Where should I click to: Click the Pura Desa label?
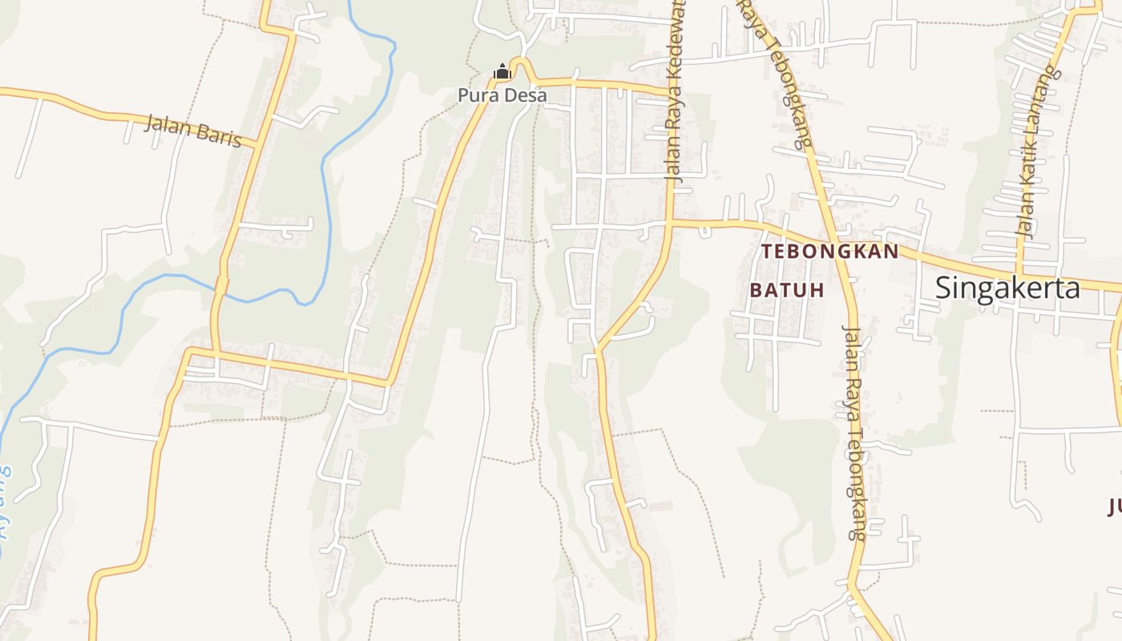pos(502,95)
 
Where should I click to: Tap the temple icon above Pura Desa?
pos(502,72)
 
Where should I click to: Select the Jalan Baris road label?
pos(193,130)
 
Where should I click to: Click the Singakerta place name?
pos(1007,288)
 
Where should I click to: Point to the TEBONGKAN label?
pos(829,251)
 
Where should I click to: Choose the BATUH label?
pos(787,290)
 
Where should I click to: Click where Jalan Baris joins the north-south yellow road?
pos(256,147)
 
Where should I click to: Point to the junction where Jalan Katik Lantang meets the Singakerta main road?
pos(1020,272)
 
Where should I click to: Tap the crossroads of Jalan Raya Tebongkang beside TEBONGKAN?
pos(833,237)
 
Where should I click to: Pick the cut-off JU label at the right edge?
pos(1114,506)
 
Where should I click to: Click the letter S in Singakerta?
pos(946,288)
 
